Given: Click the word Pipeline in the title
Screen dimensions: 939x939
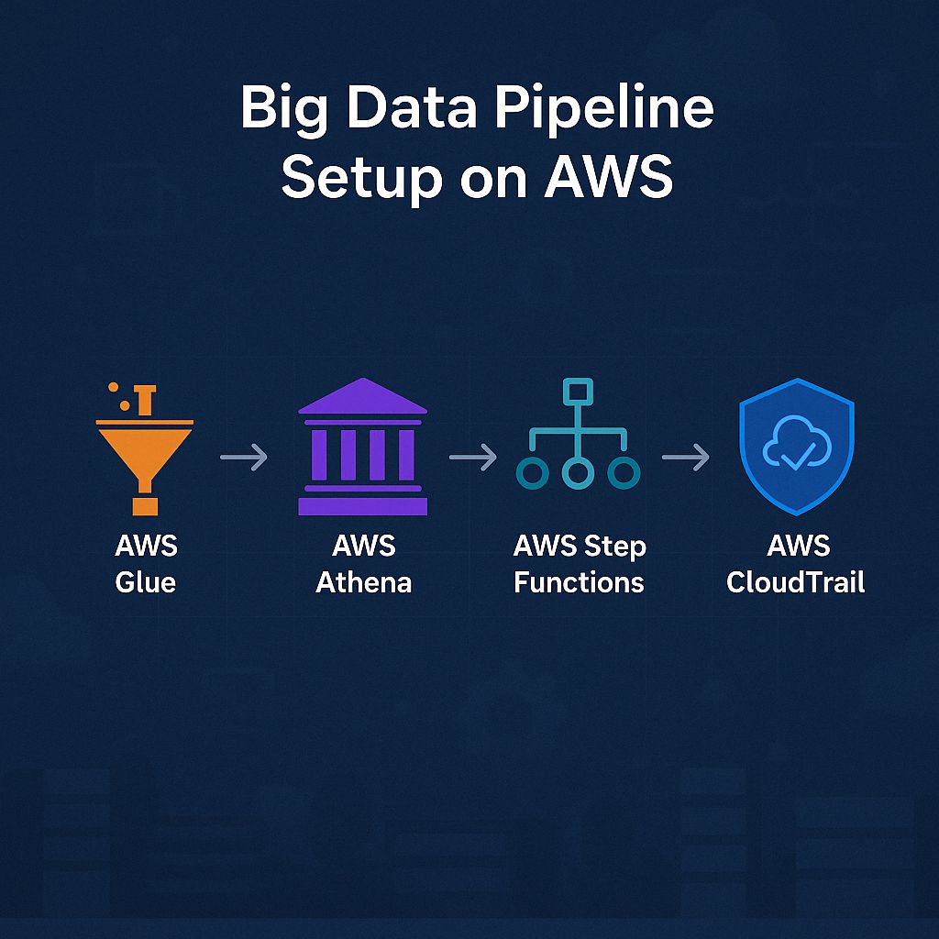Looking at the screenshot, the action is tap(605, 110).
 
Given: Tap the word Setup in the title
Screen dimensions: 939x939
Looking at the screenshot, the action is tap(361, 177).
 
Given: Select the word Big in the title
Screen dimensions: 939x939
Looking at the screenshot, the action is tap(284, 110).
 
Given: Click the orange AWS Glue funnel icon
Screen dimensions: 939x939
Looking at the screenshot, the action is tap(144, 448).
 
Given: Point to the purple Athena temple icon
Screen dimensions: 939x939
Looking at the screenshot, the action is tap(362, 447).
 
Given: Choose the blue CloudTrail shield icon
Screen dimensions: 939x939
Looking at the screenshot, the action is tap(797, 447).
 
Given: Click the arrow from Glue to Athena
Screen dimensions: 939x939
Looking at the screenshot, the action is tap(244, 457).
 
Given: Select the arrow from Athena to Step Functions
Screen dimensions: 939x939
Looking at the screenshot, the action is tap(473, 457).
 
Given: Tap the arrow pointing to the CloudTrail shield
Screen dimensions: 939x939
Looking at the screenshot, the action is tap(686, 457).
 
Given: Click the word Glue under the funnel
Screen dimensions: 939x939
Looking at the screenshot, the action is tap(146, 582).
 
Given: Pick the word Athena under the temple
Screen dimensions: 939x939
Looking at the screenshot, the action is tap(363, 582).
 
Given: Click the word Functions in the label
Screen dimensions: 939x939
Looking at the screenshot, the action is tap(580, 582).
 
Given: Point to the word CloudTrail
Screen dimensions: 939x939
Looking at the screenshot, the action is tap(796, 582).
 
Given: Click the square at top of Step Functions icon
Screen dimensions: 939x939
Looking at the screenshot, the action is tap(578, 392).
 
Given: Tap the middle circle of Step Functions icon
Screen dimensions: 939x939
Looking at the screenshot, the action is tap(578, 472).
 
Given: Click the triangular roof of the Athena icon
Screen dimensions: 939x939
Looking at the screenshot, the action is tap(362, 396).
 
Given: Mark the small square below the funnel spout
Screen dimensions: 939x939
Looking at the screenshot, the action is tap(145, 506).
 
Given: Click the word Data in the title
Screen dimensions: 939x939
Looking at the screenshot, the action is tap(412, 110).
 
